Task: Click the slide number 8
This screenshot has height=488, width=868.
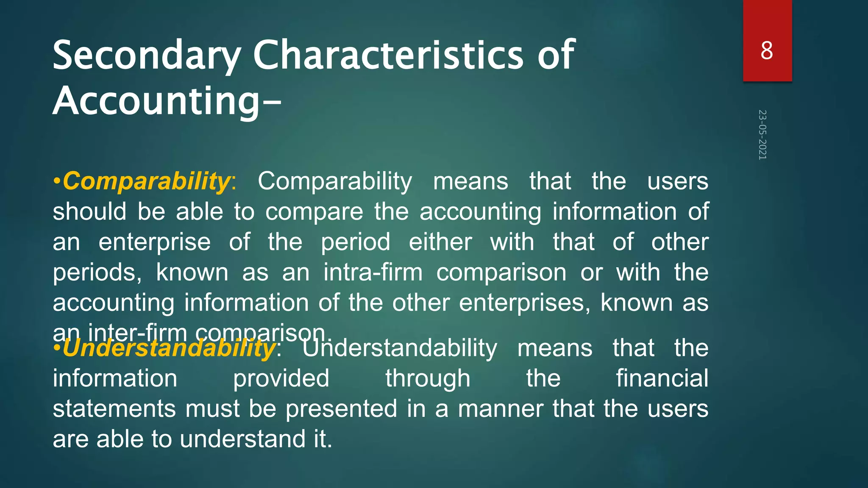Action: tap(767, 51)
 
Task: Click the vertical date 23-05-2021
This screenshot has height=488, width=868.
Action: tap(762, 135)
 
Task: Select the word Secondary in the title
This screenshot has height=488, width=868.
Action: tap(147, 56)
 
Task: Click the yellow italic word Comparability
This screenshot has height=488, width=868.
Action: tap(146, 181)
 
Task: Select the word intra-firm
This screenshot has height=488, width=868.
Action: tap(373, 272)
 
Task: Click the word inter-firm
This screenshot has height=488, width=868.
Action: tap(137, 333)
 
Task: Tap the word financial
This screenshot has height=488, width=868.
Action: tap(662, 378)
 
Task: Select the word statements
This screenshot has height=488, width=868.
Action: tap(114, 409)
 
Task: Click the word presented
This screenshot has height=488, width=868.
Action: tap(341, 409)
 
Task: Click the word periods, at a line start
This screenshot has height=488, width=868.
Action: tap(97, 273)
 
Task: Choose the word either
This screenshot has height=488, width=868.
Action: tap(440, 242)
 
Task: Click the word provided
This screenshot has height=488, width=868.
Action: tap(281, 378)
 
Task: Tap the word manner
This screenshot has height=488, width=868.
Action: tap(501, 409)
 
